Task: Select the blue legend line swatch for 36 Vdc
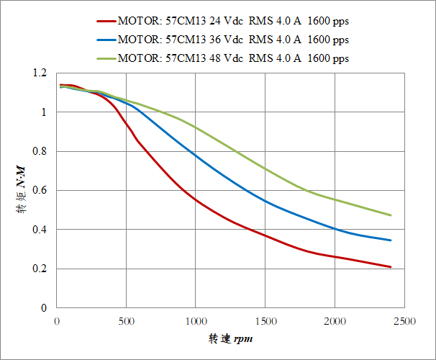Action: (x=101, y=40)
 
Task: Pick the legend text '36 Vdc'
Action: (x=209, y=40)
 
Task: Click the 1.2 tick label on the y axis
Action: (x=39, y=73)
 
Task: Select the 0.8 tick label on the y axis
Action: (x=39, y=152)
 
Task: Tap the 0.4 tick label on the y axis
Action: (x=39, y=230)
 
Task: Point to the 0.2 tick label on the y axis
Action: (x=39, y=269)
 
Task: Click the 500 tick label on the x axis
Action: (x=126, y=320)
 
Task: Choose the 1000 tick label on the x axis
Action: (x=196, y=320)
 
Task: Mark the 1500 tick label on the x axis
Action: (x=265, y=320)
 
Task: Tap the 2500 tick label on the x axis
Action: (x=404, y=320)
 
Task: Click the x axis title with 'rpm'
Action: (x=231, y=338)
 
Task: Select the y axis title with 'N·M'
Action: (x=21, y=191)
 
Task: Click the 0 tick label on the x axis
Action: (x=57, y=320)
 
